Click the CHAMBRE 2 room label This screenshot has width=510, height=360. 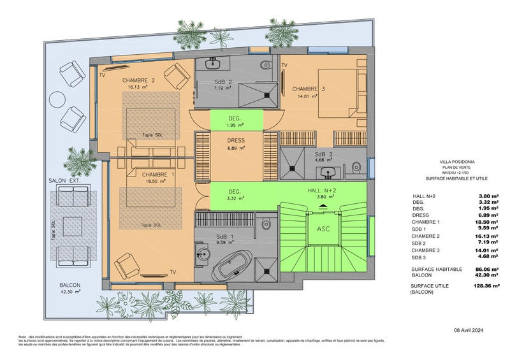(139, 80)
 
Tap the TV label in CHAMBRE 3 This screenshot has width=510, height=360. (284, 66)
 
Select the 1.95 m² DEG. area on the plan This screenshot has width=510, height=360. (236, 120)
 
